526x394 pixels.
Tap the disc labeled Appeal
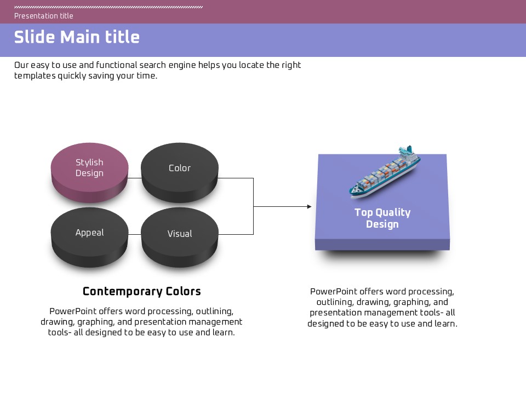[89, 237]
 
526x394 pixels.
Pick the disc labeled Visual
[180, 237]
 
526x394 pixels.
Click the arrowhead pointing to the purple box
[309, 206]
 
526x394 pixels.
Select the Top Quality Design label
[382, 218]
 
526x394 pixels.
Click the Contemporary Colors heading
[141, 292]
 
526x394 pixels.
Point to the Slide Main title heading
[77, 37]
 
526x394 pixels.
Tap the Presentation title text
[44, 16]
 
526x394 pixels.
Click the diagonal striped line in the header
[108, 7]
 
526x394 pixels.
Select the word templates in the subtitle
[35, 76]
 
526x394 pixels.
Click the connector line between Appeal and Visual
[135, 234]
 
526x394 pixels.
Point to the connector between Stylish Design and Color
[135, 178]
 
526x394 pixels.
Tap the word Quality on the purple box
[393, 213]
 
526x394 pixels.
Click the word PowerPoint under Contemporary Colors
[73, 311]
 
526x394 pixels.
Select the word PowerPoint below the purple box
[334, 292]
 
